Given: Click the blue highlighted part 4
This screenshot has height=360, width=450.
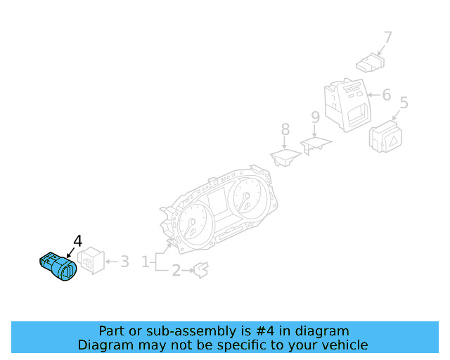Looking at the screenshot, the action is [x=58, y=266].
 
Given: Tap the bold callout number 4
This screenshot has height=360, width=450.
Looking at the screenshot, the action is [x=78, y=241].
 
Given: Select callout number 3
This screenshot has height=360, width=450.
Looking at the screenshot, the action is [x=124, y=262].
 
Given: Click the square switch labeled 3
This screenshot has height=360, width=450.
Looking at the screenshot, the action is [x=91, y=260].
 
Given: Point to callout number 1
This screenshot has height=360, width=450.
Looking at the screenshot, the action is [x=146, y=262].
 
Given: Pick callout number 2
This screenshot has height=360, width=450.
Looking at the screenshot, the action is [x=176, y=271].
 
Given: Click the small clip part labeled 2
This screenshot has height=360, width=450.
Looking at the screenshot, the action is [x=202, y=270].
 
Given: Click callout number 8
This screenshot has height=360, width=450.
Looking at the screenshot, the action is [x=285, y=129].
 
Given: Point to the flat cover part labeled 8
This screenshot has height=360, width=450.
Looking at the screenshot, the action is [x=285, y=157].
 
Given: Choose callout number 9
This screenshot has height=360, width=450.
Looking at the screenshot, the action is [x=316, y=117].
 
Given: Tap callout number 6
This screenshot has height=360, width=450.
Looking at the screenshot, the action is [x=387, y=95].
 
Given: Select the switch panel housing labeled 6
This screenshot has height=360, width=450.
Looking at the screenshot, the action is [x=347, y=105].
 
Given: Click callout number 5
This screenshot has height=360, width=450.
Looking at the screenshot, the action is [x=404, y=103].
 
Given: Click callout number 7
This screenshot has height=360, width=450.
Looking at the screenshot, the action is [x=387, y=37].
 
